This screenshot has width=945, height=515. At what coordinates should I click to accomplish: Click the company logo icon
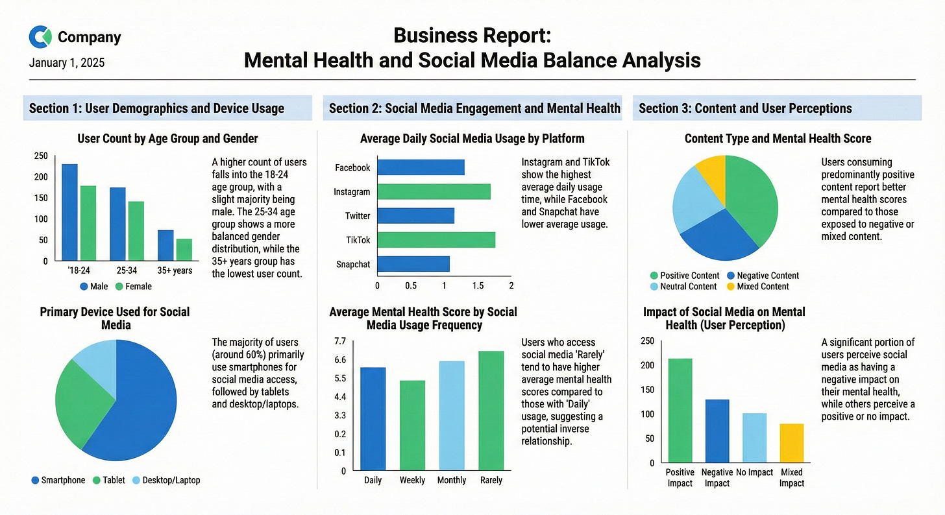click(40, 37)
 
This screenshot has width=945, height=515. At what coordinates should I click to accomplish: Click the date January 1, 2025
click(67, 63)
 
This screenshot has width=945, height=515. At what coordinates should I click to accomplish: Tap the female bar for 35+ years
click(184, 250)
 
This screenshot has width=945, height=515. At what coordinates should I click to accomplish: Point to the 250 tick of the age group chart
click(40, 156)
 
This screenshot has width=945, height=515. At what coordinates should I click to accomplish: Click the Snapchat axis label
click(353, 265)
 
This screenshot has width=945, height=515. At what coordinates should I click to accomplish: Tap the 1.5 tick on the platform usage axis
click(478, 286)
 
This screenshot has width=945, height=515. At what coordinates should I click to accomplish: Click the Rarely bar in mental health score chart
click(491, 411)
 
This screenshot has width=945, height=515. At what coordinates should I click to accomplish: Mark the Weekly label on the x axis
click(412, 481)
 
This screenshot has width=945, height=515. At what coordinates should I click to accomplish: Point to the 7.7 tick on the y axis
click(339, 341)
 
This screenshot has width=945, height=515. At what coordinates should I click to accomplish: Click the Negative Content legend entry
click(763, 276)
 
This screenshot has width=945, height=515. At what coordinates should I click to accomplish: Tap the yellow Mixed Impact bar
click(791, 443)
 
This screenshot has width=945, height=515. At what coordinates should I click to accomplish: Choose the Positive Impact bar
click(680, 411)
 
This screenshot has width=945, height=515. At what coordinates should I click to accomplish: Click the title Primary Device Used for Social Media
click(115, 318)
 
